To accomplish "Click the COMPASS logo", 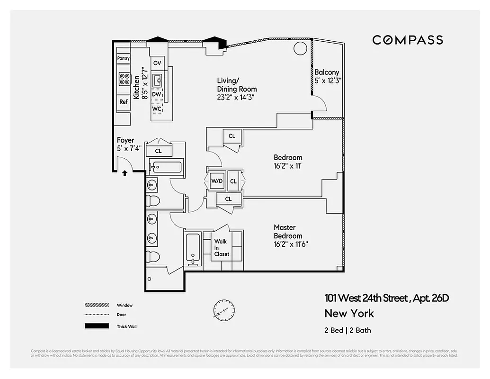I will pyautogui.click(x=408, y=40).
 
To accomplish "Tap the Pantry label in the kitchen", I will pyautogui.click(x=123, y=58).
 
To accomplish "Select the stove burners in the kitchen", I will pyautogui.click(x=125, y=79).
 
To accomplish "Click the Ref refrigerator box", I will pyautogui.click(x=123, y=102).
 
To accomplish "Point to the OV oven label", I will pyautogui.click(x=157, y=63).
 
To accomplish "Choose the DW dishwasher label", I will pyautogui.click(x=157, y=94).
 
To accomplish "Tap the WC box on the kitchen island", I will pyautogui.click(x=157, y=108).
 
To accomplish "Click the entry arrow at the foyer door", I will pyautogui.click(x=125, y=173).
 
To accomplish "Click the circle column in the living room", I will pyautogui.click(x=300, y=48).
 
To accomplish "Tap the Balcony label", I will pyautogui.click(x=327, y=72).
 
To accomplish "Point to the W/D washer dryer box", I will pyautogui.click(x=216, y=181).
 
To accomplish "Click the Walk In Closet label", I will pyautogui.click(x=221, y=247).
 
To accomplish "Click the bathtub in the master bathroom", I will pyautogui.click(x=193, y=248).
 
